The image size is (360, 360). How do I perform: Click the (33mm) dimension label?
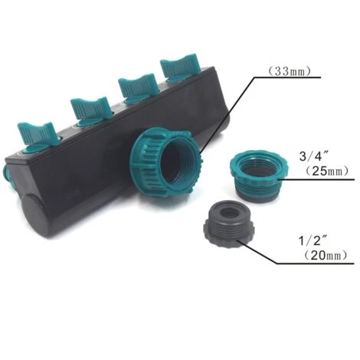click(290, 71)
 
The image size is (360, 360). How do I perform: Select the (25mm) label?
click(327, 171)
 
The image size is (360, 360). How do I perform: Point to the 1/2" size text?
click(314, 241)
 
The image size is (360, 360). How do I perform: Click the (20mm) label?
click(326, 255)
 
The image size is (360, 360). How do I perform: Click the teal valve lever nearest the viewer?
click(38, 136)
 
